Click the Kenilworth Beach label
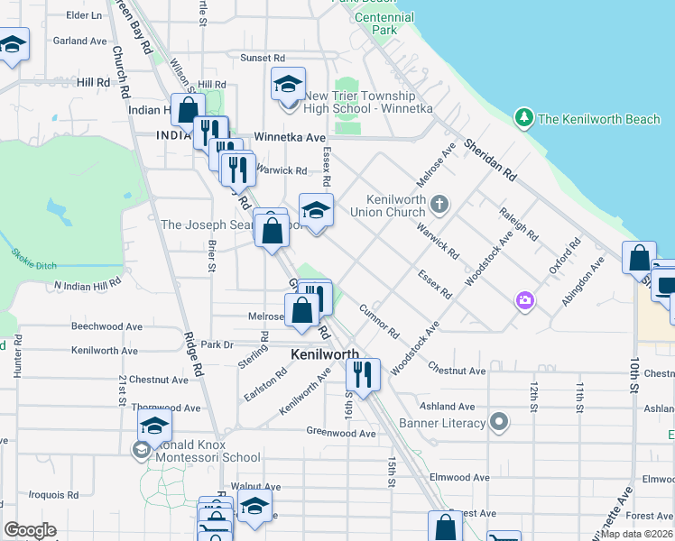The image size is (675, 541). click(599, 119)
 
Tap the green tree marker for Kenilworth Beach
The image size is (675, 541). click(523, 117)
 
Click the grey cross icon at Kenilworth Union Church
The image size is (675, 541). click(439, 203)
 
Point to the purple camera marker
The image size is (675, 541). click(524, 300)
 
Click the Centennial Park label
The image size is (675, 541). click(384, 23)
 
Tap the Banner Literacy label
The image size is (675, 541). click(446, 423)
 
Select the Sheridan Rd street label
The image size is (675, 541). click(490, 160)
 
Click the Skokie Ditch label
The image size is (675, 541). click(33, 255)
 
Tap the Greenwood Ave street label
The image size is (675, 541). click(340, 433)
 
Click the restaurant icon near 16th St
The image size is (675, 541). click(363, 373)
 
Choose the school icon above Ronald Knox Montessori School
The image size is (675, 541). click(154, 426)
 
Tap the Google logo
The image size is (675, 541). click(30, 530)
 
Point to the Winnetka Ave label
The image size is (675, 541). click(289, 137)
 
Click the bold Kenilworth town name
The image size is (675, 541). click(325, 354)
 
